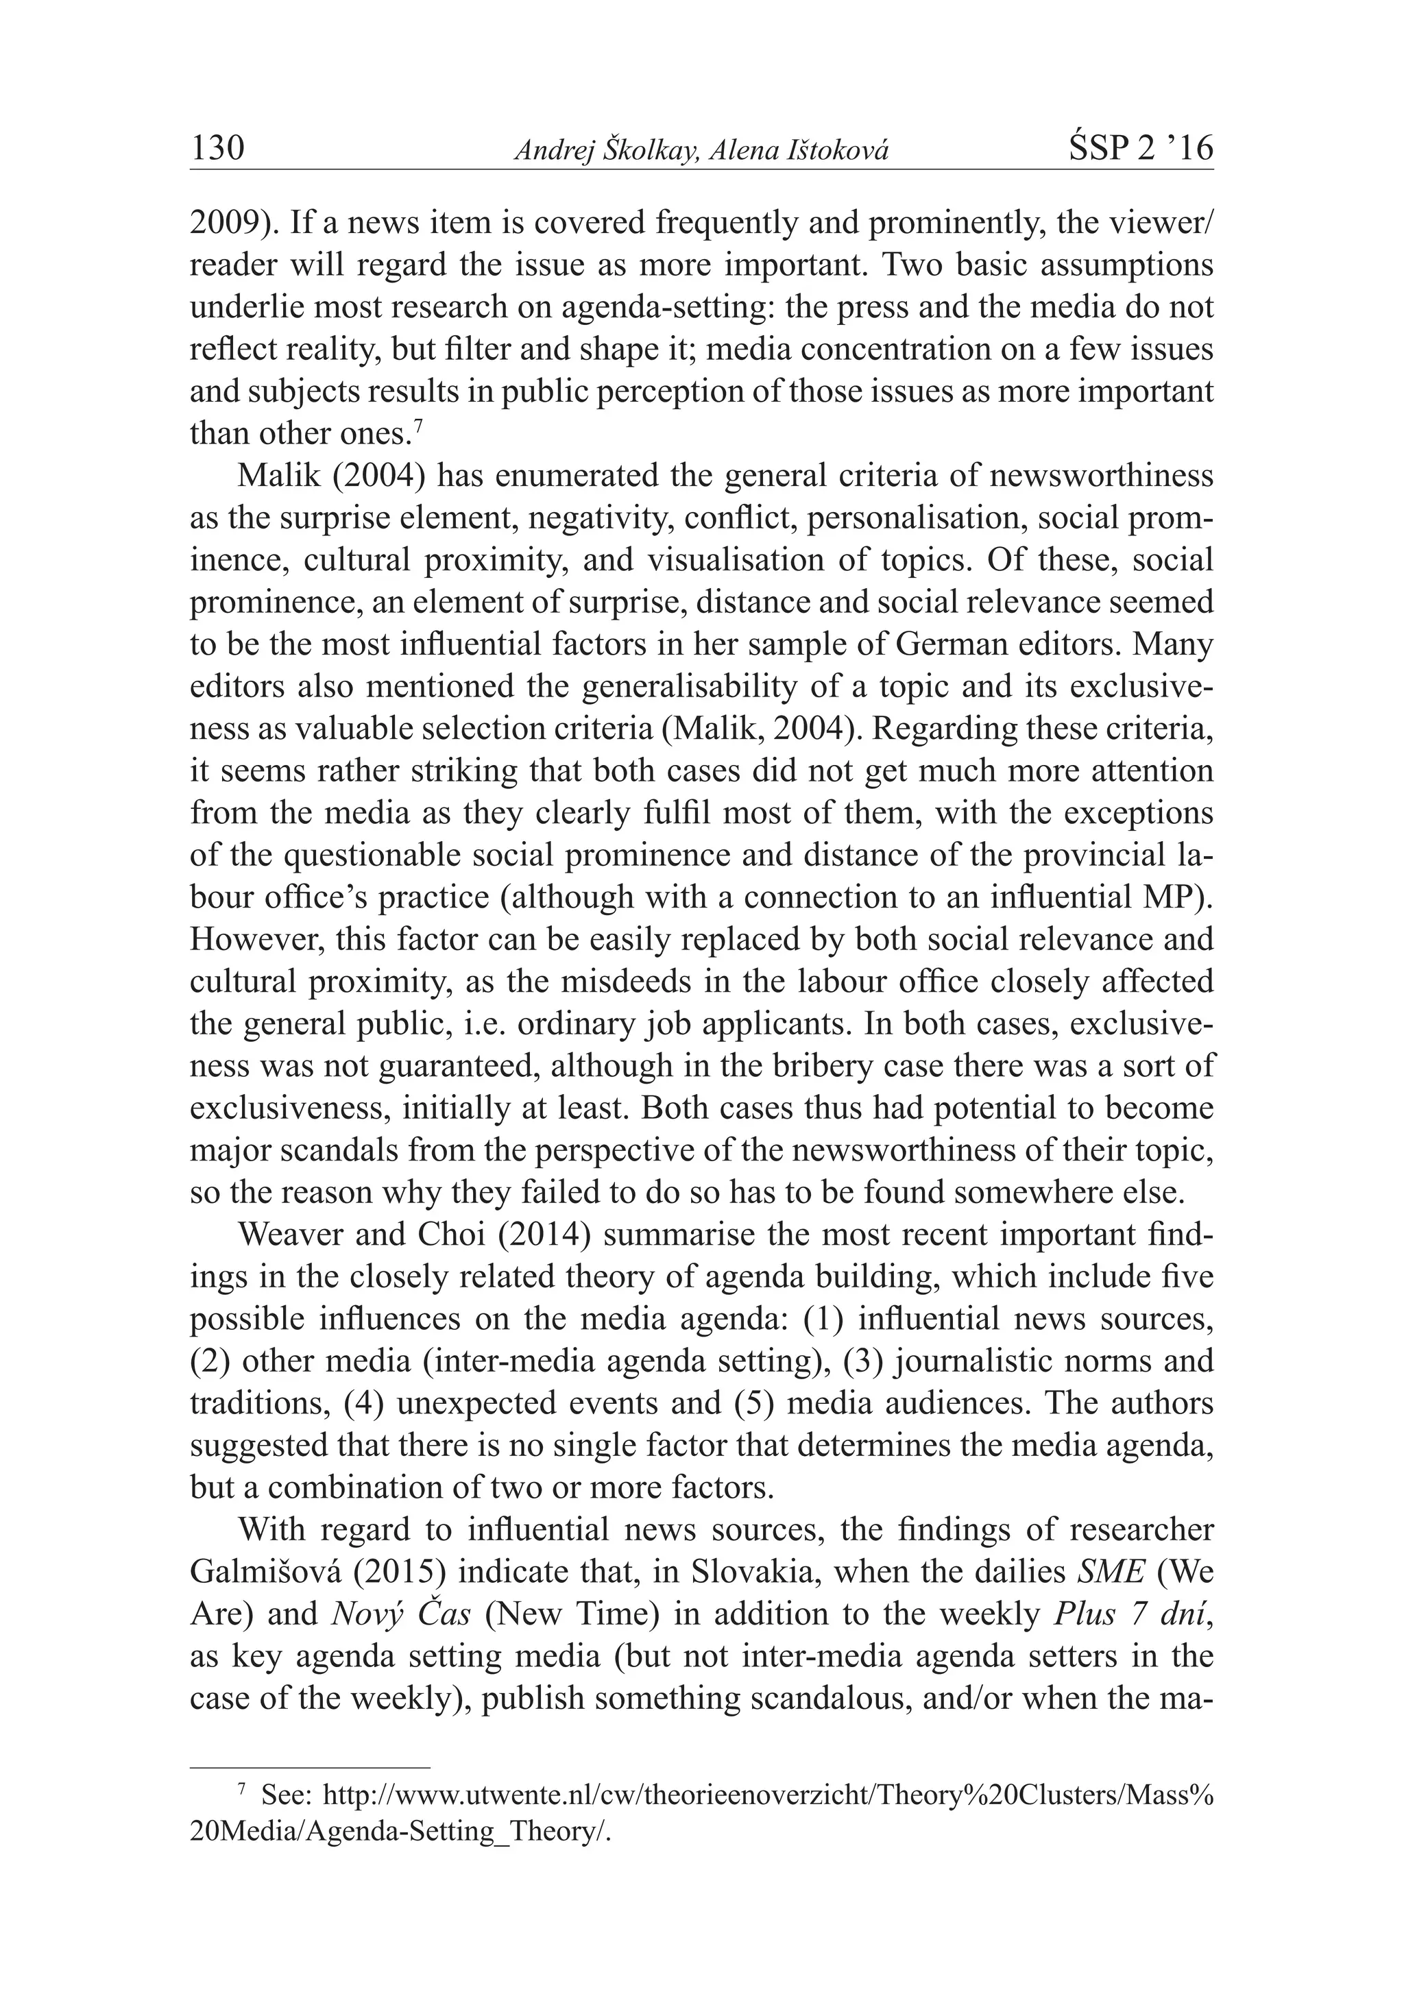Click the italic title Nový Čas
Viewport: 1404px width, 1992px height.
tap(401, 1614)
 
